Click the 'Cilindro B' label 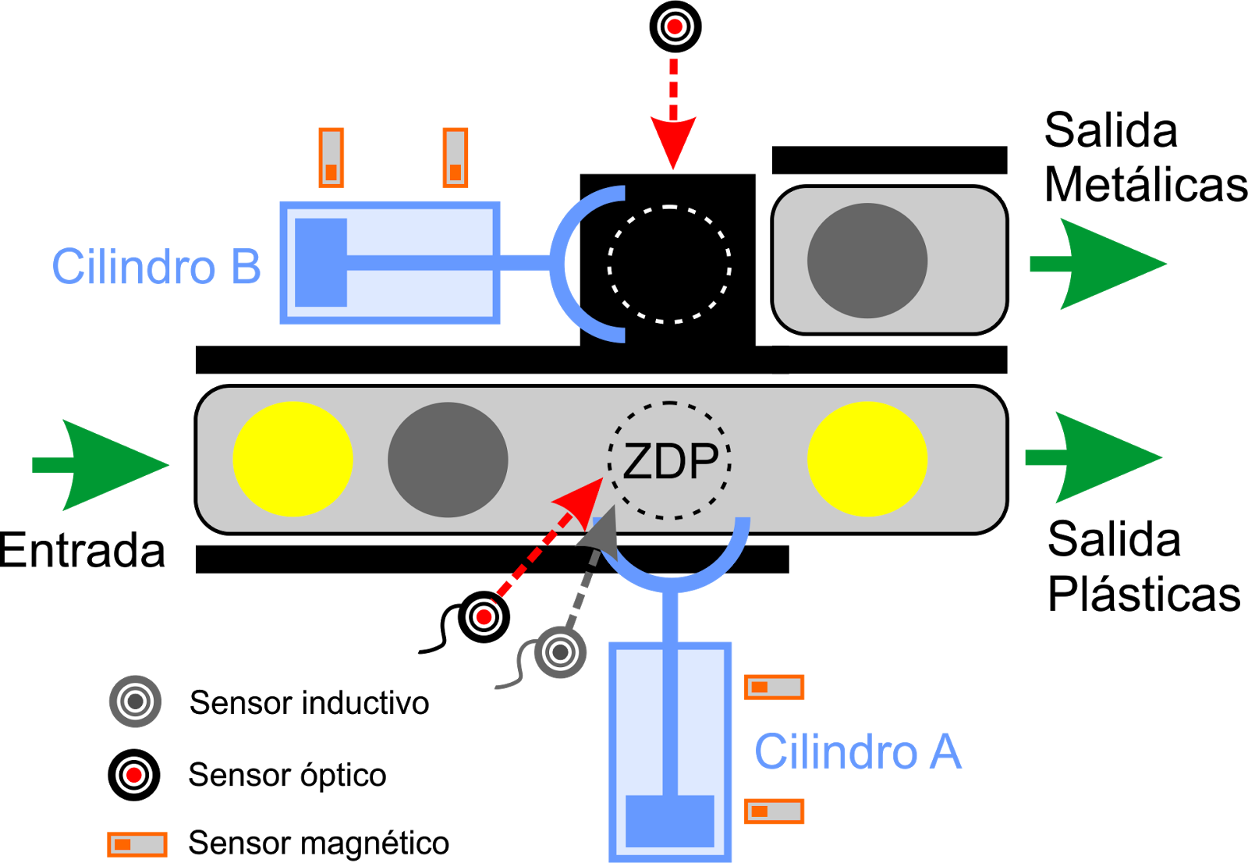coord(156,267)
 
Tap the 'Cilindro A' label coord(858,751)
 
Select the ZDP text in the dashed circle coord(670,462)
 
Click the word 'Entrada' coord(83,550)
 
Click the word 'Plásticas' coord(1143,595)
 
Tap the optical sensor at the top coord(675,27)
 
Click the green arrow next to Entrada coord(101,465)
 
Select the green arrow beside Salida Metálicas coord(1098,264)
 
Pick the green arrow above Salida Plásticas coord(1094,458)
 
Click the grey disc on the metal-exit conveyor coord(867,261)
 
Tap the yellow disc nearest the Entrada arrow coord(292,459)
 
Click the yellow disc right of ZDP coord(867,459)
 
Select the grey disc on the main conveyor coord(448,460)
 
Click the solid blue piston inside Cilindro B coord(321,263)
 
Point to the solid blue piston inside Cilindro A coord(670,821)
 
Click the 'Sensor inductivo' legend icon coord(136,701)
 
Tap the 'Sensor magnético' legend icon coord(137,844)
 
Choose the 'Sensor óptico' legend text coord(288,775)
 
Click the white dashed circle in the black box coord(669,206)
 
